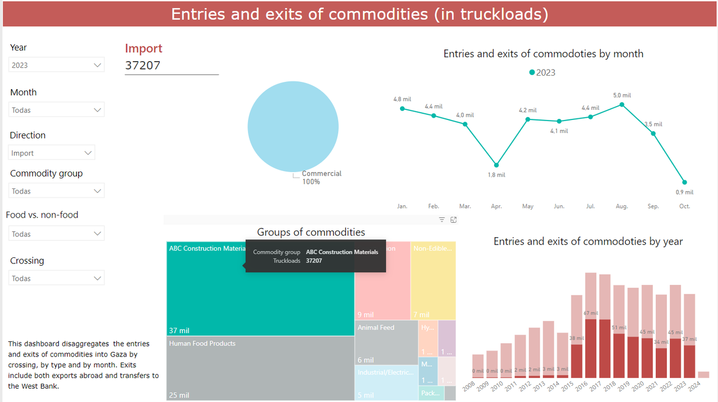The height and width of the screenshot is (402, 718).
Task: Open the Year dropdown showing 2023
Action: (57, 65)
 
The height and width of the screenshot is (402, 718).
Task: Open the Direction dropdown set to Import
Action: (52, 153)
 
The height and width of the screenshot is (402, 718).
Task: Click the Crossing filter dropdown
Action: (57, 278)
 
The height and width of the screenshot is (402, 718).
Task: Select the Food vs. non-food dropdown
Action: (57, 234)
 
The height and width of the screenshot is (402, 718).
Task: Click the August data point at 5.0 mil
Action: (622, 105)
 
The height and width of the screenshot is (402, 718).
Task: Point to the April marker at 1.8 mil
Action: (496, 165)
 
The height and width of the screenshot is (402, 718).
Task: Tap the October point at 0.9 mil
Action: (685, 182)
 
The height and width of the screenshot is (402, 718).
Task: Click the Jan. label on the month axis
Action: (402, 206)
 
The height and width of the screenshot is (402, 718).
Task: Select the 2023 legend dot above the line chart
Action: (532, 72)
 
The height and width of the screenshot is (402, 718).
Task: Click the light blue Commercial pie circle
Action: (293, 126)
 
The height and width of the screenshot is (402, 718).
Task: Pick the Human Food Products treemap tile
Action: (260, 367)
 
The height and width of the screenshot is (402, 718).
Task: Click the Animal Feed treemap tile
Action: (386, 342)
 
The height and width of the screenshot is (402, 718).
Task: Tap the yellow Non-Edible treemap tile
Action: (432, 280)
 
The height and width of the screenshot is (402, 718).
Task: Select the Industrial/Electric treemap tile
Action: (386, 383)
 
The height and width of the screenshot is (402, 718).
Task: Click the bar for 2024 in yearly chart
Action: (703, 375)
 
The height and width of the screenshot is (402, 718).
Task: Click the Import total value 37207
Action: (143, 65)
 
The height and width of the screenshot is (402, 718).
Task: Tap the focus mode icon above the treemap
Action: (454, 220)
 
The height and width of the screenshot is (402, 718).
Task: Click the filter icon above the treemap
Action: (441, 220)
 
